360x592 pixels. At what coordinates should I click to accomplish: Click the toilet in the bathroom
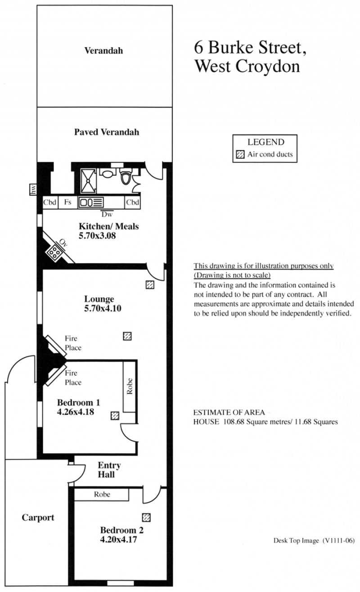tap(126, 176)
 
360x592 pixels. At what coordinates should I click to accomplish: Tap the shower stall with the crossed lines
tap(88, 181)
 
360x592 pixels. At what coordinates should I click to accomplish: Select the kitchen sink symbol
tap(90, 203)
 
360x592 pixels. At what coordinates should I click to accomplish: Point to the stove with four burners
tap(54, 252)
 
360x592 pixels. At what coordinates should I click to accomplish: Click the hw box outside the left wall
tap(33, 189)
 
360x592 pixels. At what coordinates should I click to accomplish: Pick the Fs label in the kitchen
tap(67, 202)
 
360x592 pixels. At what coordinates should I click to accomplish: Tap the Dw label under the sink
tap(107, 214)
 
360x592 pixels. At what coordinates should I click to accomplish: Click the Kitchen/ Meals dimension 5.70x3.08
tap(97, 235)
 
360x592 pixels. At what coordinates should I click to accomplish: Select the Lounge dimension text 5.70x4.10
tap(103, 308)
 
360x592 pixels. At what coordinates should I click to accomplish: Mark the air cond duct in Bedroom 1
tap(115, 416)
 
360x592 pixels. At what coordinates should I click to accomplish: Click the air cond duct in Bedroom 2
tap(146, 517)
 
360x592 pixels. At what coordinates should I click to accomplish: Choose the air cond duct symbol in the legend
tap(240, 154)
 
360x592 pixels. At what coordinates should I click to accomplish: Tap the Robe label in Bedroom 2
tap(102, 494)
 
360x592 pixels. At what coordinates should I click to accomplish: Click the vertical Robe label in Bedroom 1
tap(130, 386)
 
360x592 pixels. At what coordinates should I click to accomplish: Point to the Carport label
tap(38, 518)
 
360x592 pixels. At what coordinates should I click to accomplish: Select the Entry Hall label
tap(109, 470)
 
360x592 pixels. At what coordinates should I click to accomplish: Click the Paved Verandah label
tap(107, 132)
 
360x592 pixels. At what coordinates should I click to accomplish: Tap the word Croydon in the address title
tap(268, 67)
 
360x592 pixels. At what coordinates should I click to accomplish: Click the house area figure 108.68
tap(234, 422)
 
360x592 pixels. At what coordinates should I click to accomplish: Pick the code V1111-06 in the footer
tap(338, 541)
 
